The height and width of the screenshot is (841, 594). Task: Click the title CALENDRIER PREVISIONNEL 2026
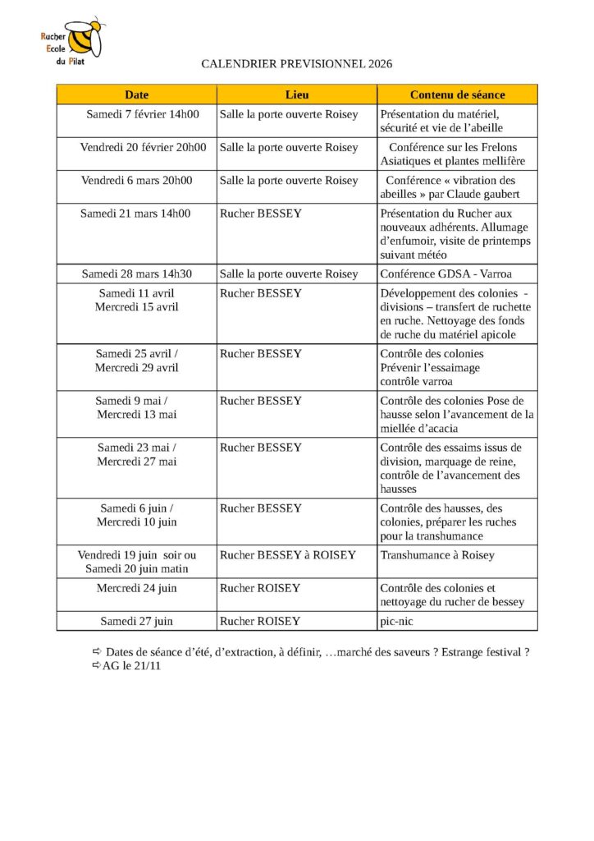pyautogui.click(x=296, y=64)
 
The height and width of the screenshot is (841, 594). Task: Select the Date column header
pyautogui.click(x=136, y=94)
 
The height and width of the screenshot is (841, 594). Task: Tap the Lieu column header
pyautogui.click(x=296, y=94)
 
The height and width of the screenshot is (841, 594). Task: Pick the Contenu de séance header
pyautogui.click(x=457, y=94)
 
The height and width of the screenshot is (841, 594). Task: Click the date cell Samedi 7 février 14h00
pyautogui.click(x=137, y=114)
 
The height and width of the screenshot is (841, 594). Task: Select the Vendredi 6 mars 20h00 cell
pyautogui.click(x=137, y=180)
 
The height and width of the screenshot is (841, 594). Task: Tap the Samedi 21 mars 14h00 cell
pyautogui.click(x=135, y=214)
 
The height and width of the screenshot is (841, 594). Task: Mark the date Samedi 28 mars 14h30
pyautogui.click(x=137, y=273)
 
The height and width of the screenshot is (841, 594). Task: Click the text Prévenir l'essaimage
pyautogui.click(x=430, y=368)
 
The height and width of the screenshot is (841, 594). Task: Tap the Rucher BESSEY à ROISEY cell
pyautogui.click(x=287, y=555)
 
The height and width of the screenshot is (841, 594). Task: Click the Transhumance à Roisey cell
pyautogui.click(x=437, y=555)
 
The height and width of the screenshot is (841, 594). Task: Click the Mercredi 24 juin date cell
pyautogui.click(x=137, y=588)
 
